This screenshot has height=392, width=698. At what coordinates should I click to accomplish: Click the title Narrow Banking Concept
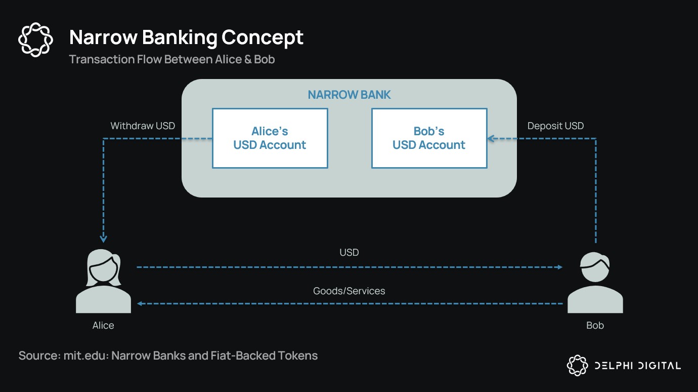(186, 37)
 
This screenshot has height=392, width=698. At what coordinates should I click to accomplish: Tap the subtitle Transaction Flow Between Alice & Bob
(171, 59)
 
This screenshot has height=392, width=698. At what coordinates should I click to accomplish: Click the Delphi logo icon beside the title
(35, 39)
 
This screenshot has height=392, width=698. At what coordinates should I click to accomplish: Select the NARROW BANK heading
(349, 95)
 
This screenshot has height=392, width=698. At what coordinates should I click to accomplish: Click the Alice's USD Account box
(270, 138)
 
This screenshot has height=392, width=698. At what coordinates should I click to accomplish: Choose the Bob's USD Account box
(429, 138)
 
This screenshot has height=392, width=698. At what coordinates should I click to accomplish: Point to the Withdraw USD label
(143, 126)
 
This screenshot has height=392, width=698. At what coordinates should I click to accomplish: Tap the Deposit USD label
(555, 126)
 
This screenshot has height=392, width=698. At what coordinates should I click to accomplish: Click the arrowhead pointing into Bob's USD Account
(491, 138)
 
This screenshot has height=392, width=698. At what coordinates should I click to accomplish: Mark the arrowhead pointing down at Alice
(104, 238)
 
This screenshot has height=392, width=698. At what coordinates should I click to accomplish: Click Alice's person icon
(104, 281)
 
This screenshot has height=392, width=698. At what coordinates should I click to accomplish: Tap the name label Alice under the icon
(103, 325)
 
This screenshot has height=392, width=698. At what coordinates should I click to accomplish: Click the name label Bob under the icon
(595, 325)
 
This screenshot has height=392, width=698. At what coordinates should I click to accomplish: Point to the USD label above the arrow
(349, 252)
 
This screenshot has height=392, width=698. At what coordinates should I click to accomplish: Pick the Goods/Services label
(349, 291)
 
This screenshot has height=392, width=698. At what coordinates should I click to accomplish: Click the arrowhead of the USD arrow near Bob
(559, 267)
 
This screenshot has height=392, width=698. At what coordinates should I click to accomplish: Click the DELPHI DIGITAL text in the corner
(637, 366)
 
